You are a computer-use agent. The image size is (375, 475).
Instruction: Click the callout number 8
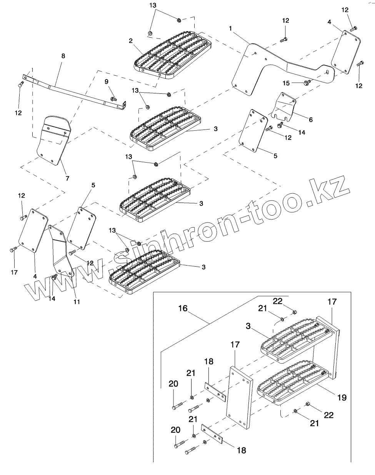pos(63,56)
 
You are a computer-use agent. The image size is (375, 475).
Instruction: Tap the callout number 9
pos(107,82)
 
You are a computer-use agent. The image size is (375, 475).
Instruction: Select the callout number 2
pos(131,40)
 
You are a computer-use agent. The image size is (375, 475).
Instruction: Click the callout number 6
pos(310,120)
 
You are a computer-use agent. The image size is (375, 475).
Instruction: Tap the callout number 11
pos(77,302)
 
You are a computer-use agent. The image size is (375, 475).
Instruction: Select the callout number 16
pos(183,308)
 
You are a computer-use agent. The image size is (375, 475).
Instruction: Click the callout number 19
pos(341,397)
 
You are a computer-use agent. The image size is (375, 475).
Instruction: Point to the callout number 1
pos(230,29)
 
